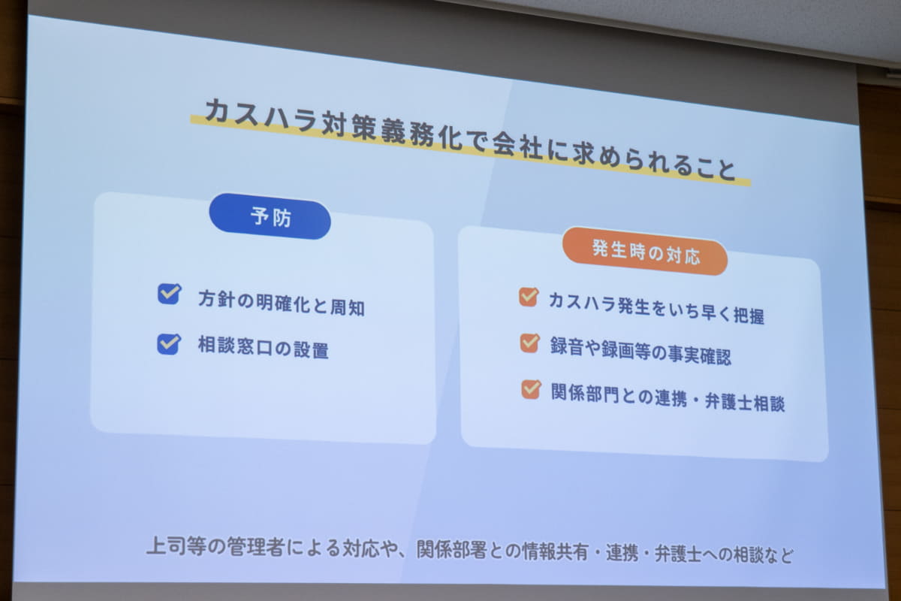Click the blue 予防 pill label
pos(270,216)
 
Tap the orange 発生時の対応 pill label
pos(645,252)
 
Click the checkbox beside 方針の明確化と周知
pos(169,294)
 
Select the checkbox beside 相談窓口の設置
pos(168,344)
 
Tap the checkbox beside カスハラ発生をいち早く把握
pos(529,297)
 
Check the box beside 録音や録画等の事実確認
pos(530,343)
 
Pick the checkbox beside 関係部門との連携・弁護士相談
pos(531,389)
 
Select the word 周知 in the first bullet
pos(348,307)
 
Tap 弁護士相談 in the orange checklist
pos(745,402)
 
